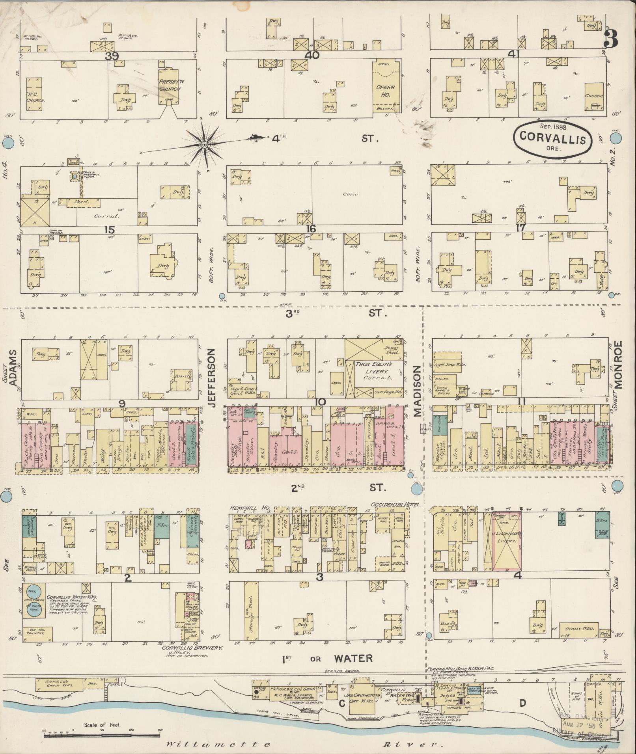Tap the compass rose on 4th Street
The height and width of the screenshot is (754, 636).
coord(204,145)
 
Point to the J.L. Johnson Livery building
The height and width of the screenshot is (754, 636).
coord(506,542)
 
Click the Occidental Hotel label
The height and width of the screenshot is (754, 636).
coord(395,505)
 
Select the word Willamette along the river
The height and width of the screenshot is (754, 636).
coord(218,745)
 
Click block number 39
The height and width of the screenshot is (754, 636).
coord(112,56)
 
